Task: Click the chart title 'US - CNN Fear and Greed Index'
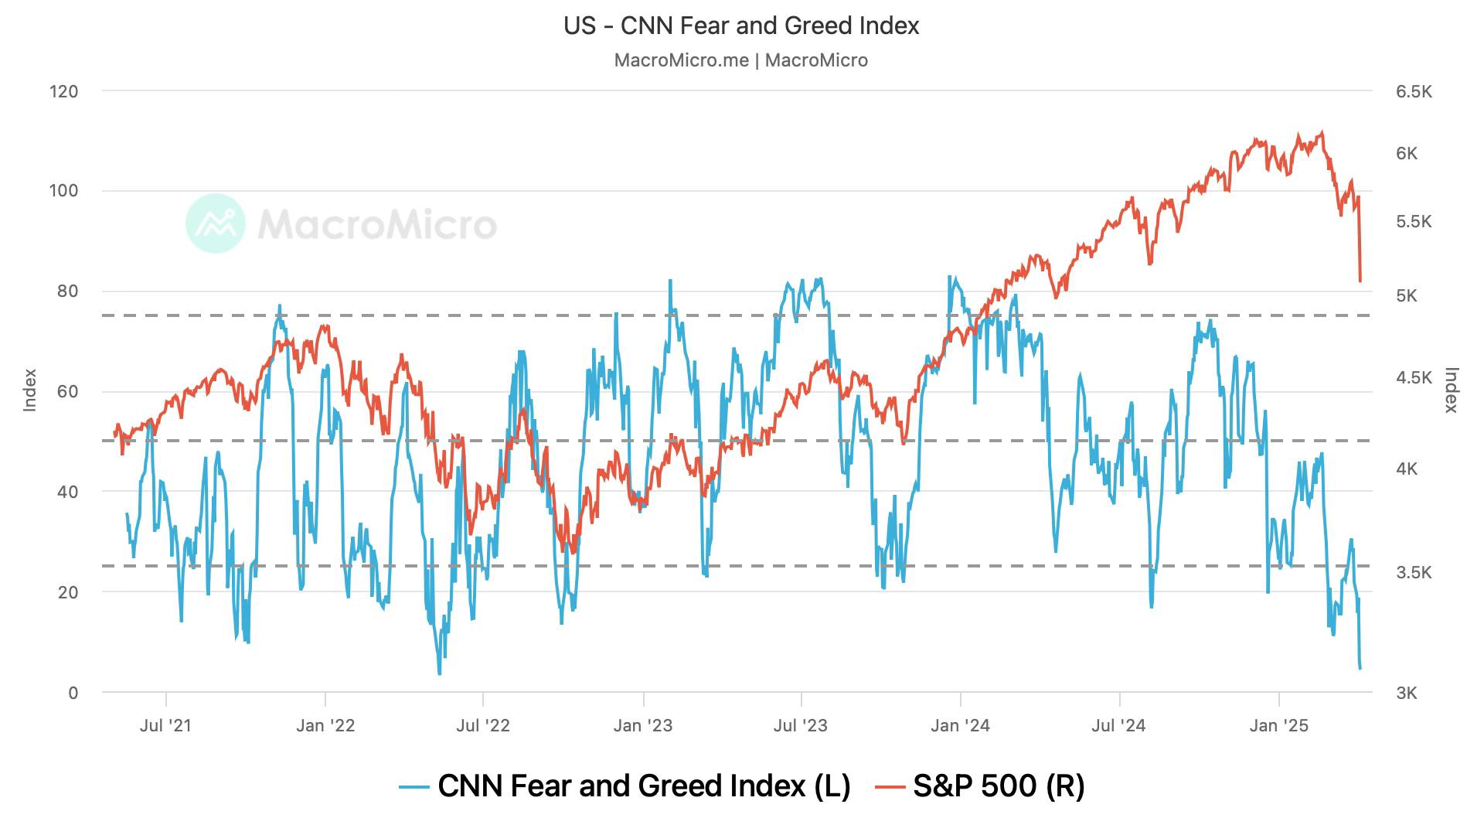click(741, 26)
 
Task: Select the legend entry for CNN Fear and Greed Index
click(625, 786)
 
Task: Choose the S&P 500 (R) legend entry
click(980, 786)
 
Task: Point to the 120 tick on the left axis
click(63, 91)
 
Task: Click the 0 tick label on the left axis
click(73, 693)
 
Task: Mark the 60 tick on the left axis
click(67, 392)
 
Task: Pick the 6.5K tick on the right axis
click(1414, 92)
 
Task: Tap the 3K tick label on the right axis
click(1407, 694)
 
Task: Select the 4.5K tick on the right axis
click(1414, 378)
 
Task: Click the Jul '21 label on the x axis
click(165, 725)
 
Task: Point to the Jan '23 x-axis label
click(643, 725)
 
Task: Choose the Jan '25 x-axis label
click(1279, 725)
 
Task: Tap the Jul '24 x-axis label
click(1118, 725)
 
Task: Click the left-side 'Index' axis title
click(30, 390)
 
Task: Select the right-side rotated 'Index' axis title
click(1452, 390)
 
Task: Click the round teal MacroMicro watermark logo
click(216, 223)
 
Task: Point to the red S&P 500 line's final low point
click(1360, 281)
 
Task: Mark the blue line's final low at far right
click(1360, 668)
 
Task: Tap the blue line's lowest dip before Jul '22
click(440, 674)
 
